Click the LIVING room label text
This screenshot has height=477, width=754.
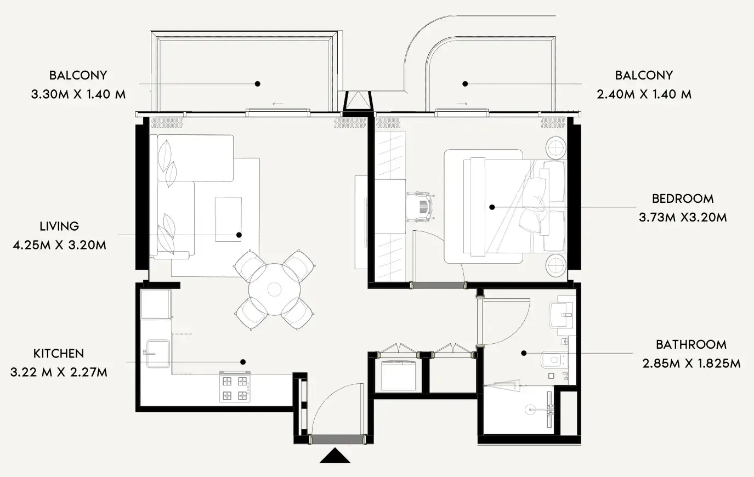59,226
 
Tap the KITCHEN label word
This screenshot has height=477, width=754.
59,354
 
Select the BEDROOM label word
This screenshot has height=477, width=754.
683,198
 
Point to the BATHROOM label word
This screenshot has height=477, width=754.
691,345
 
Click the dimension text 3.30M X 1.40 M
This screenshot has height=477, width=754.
78,94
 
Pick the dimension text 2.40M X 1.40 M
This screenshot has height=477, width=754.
644,94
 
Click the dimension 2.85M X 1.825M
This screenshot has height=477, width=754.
691,364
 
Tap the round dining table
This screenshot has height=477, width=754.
275,289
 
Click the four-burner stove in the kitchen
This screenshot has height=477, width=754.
235,387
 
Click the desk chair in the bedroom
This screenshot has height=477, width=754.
421,207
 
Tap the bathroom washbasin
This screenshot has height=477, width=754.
561,315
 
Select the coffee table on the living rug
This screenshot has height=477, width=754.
228,219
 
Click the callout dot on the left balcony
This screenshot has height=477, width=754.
258,84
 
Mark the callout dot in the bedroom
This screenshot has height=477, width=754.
492,207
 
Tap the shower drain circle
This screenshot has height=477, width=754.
530,410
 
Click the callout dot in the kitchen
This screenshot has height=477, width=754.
243,362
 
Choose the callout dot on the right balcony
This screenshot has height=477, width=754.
465,84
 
